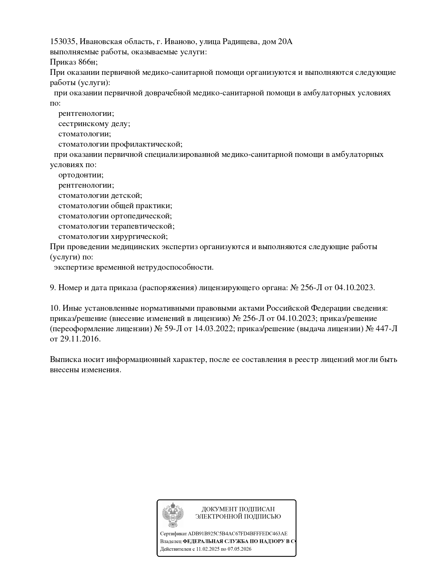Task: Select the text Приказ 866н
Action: [x=74, y=62]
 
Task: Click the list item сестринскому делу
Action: [x=94, y=124]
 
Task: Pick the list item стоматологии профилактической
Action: [x=120, y=144]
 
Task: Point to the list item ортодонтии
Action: [x=81, y=175]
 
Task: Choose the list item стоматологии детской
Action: [x=100, y=196]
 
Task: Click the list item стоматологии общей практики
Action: [x=115, y=206]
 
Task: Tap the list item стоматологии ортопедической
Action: [x=115, y=216]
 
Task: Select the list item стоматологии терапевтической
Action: [x=116, y=226]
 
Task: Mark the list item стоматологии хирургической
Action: [x=113, y=237]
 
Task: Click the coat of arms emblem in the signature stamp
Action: [x=173, y=515]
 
